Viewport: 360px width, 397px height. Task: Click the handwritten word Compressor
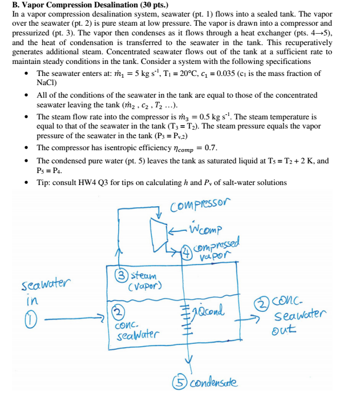[200, 203]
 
